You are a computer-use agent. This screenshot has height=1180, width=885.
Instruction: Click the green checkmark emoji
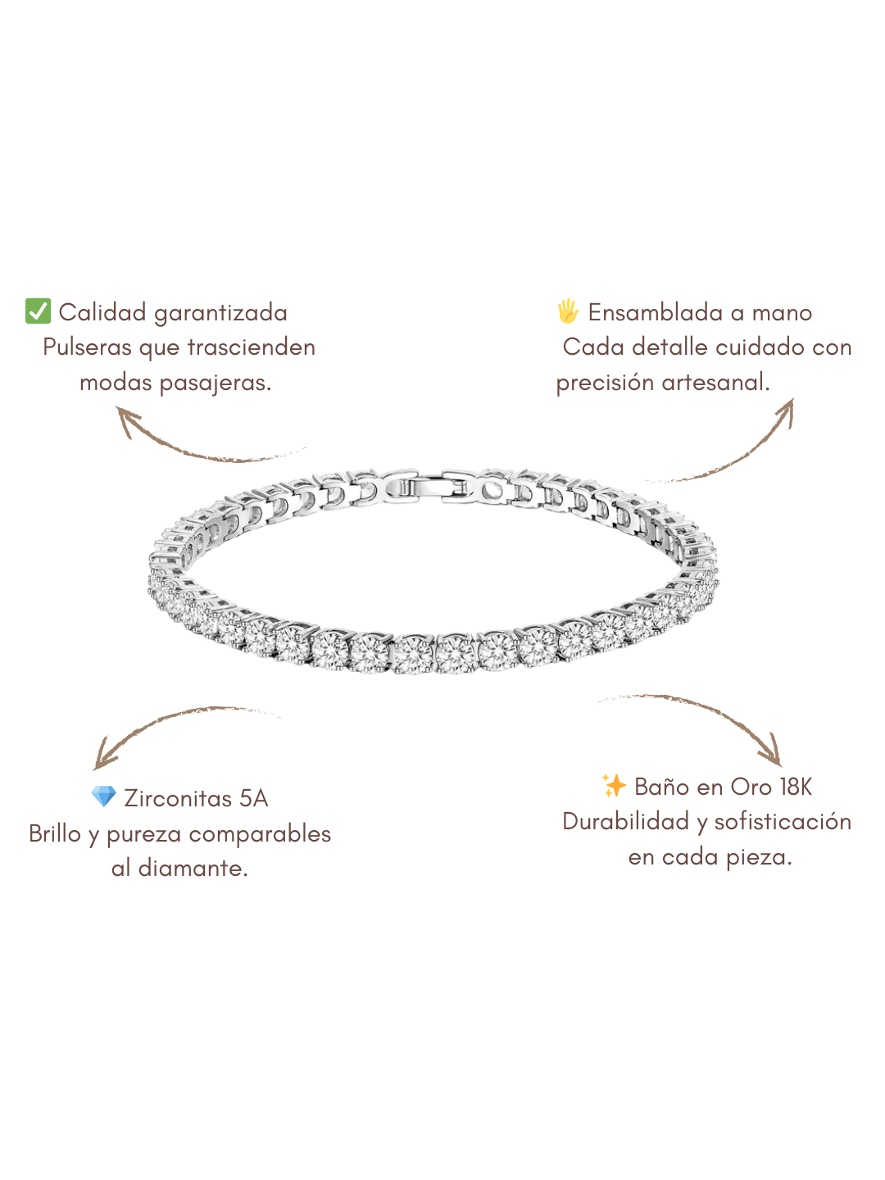click(39, 311)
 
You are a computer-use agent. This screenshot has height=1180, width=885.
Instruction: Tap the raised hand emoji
click(568, 311)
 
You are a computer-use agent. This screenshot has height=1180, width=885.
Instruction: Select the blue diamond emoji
click(104, 796)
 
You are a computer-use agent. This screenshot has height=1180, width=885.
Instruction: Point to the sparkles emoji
click(614, 786)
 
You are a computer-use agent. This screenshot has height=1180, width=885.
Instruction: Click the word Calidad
click(102, 312)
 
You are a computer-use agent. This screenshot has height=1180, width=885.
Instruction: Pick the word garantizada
click(220, 313)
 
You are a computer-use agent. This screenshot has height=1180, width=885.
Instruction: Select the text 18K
click(796, 787)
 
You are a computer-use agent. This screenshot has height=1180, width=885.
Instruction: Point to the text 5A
click(254, 798)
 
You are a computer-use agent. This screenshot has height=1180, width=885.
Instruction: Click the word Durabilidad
click(625, 821)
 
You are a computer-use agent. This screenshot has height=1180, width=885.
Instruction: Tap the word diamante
click(193, 869)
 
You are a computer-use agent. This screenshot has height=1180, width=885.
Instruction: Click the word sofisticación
click(783, 821)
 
